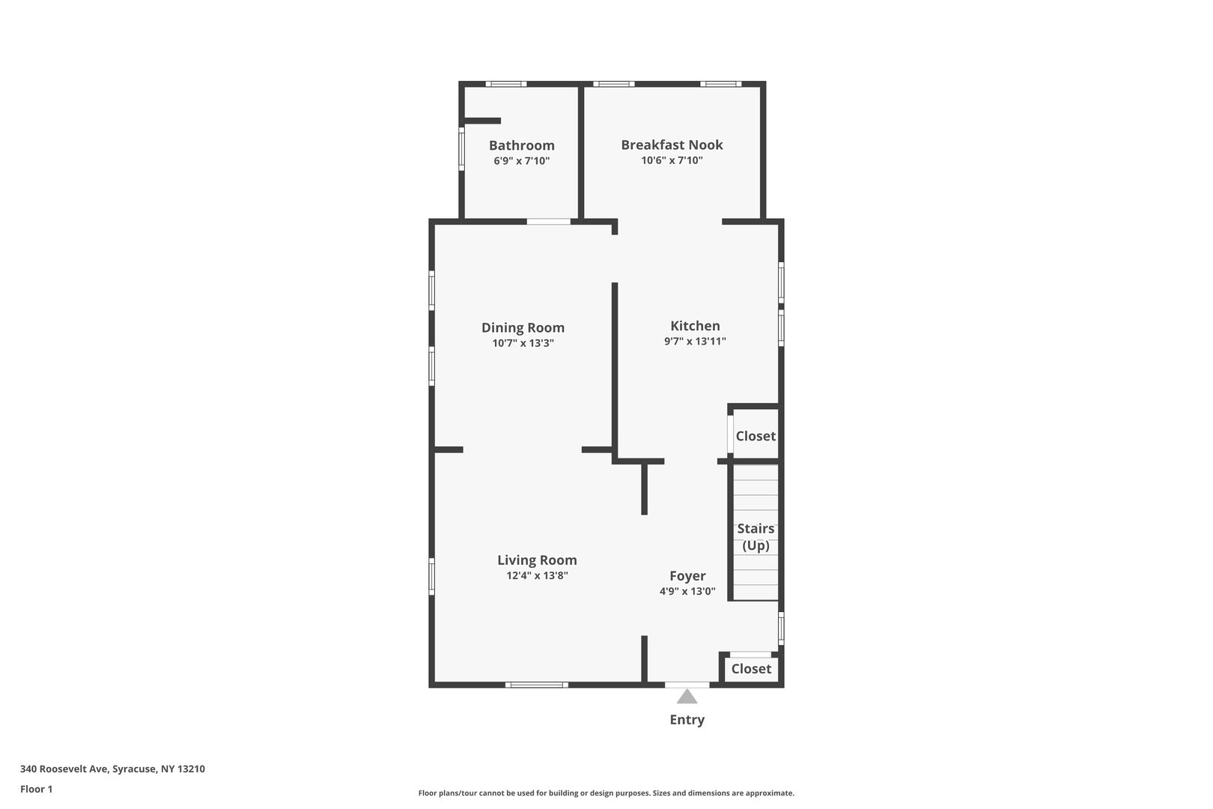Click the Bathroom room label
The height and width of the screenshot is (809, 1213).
click(521, 145)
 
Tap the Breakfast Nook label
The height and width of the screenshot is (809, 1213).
click(672, 145)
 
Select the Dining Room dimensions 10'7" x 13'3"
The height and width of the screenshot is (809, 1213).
click(523, 343)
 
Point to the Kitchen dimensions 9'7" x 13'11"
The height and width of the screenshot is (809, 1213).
click(695, 342)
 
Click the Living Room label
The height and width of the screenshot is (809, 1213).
click(537, 560)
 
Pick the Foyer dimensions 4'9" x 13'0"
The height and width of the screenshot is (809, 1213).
click(687, 591)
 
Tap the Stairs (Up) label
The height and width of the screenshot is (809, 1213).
click(756, 536)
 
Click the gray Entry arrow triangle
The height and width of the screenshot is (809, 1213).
click(687, 697)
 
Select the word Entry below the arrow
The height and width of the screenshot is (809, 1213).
click(687, 720)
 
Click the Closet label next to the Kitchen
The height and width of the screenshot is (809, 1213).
click(756, 436)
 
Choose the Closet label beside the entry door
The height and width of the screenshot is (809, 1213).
click(751, 669)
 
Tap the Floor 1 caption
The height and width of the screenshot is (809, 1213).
click(36, 789)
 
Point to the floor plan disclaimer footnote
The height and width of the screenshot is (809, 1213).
click(606, 793)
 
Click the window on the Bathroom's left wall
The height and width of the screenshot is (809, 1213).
click(461, 148)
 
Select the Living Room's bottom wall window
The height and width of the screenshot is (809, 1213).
click(537, 685)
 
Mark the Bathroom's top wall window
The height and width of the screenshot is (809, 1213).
click(505, 84)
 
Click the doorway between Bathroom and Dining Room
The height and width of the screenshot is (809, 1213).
click(549, 222)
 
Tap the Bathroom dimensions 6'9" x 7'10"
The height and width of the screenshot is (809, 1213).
click(521, 161)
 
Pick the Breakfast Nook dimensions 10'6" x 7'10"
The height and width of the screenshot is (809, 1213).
click(672, 160)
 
